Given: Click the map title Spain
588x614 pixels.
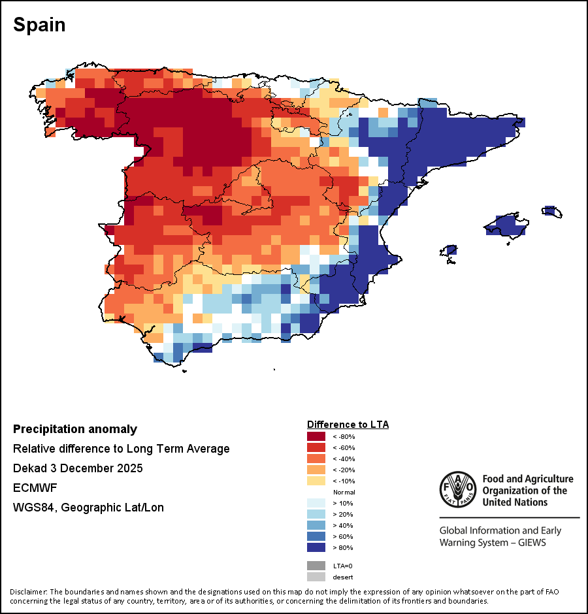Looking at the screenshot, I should [39, 25].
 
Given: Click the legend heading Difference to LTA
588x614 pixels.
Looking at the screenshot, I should [348, 425].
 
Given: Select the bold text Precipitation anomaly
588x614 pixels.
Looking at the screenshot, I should [75, 429].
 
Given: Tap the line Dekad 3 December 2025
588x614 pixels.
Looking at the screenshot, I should [78, 468].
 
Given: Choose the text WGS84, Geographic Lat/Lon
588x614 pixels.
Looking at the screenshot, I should [89, 508].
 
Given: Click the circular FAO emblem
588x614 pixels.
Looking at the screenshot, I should [458, 489].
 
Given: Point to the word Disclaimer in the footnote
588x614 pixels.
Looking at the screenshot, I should [29, 592].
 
